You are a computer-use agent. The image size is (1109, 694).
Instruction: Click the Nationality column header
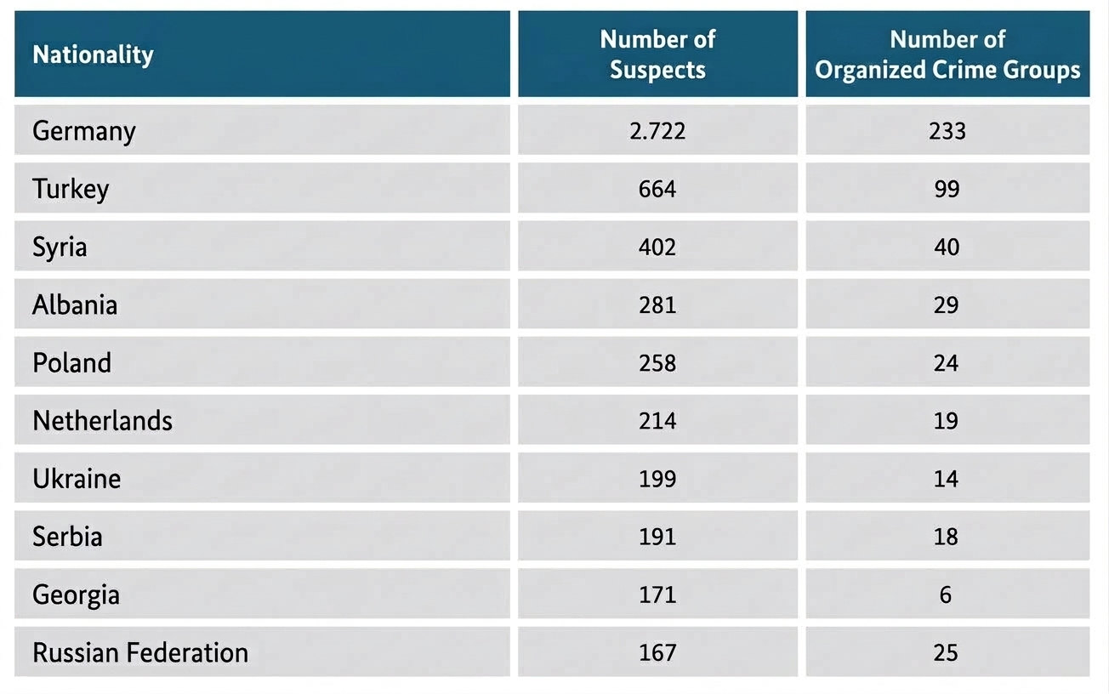coord(93,54)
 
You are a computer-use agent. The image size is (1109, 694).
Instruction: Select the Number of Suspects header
coord(657,54)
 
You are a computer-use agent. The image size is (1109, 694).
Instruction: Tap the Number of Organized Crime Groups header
coord(947,54)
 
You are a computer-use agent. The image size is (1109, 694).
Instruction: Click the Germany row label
coord(83,131)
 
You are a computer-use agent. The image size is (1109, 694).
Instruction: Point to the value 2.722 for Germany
coord(657,131)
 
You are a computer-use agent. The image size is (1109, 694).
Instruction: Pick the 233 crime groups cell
coord(947,131)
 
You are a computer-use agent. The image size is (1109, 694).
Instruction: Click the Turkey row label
coord(71,189)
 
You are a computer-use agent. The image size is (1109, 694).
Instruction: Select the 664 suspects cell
coord(657,189)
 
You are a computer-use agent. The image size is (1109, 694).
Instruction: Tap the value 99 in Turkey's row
coord(947,189)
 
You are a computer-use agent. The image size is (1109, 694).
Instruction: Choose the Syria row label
coord(60,247)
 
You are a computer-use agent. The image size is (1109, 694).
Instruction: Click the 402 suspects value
coord(657,247)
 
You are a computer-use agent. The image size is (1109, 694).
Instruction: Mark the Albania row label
coord(75,304)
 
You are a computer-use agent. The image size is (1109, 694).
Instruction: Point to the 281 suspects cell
coord(657,304)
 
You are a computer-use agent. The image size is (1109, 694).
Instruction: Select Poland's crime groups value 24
coord(946,363)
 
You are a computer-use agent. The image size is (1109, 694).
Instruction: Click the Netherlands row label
coord(103,420)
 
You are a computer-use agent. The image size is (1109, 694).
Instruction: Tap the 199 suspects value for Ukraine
coord(657,479)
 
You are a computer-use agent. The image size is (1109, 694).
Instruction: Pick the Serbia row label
coord(67,536)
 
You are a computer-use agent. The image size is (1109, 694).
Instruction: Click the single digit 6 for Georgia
coord(946,594)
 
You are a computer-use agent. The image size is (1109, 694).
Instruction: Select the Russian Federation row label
coord(140,652)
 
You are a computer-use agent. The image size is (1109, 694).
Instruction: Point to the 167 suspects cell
coord(657,652)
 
